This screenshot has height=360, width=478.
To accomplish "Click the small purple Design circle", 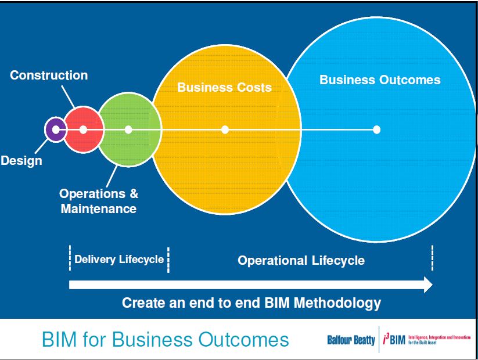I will click(x=55, y=129).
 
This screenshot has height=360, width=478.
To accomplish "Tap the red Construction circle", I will click(x=84, y=130).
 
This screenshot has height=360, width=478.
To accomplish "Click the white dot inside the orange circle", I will click(x=225, y=129).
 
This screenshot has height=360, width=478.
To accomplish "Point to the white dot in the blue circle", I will click(x=376, y=129).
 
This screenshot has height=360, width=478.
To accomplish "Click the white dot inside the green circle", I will click(x=128, y=129).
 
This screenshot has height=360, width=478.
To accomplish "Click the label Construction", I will click(x=49, y=75).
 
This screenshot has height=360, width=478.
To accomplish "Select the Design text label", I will click(x=21, y=161).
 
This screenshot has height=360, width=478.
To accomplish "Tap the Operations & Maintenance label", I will click(x=99, y=201).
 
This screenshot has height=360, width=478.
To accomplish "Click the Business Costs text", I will click(x=224, y=88).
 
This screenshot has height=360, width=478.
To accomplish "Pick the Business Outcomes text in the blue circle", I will click(x=380, y=80).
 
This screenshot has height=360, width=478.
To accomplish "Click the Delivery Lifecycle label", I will click(x=119, y=260).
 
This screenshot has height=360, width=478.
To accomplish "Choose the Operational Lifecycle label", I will click(x=301, y=260).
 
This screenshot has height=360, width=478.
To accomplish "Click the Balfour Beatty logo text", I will click(x=351, y=340).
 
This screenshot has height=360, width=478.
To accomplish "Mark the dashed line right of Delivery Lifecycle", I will click(x=168, y=260).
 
